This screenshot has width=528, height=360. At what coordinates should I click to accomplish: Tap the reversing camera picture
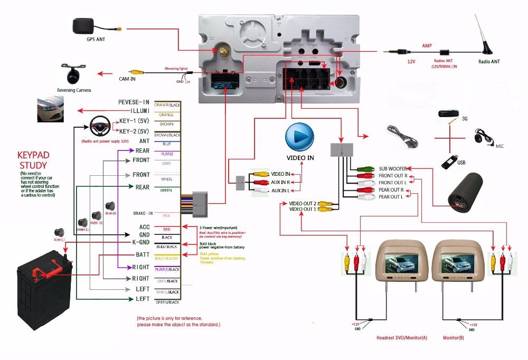(x=73, y=72)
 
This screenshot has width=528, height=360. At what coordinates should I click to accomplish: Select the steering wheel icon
(x=100, y=126)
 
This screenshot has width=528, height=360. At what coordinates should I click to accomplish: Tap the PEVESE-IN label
(x=134, y=102)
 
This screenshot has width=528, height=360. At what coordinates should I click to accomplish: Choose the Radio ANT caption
(x=489, y=62)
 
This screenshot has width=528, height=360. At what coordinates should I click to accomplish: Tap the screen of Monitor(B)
(x=457, y=262)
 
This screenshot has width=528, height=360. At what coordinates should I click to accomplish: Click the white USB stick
(x=450, y=160)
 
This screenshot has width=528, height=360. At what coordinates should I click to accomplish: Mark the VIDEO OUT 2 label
(x=303, y=203)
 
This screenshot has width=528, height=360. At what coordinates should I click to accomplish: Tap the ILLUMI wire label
(x=137, y=111)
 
